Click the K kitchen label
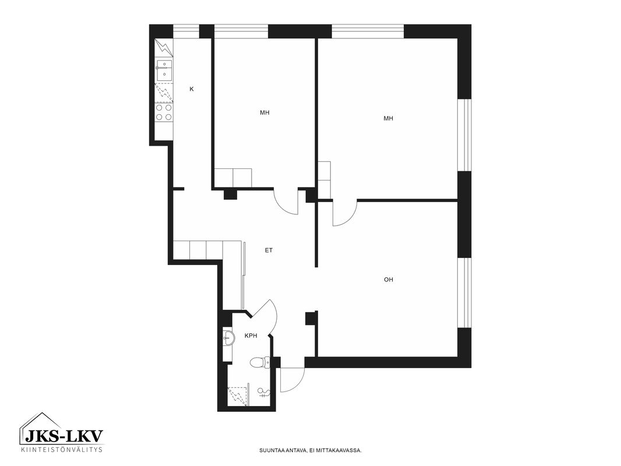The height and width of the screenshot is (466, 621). [192, 89]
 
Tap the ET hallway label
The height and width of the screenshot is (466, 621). [269, 250]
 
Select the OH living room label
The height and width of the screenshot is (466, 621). [389, 280]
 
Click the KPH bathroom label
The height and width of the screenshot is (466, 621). [251, 336]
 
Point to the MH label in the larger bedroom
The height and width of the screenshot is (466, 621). [389, 118]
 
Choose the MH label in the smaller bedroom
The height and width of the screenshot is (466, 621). [264, 112]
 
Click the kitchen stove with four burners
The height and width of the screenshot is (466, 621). [164, 112]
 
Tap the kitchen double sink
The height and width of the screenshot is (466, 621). [164, 70]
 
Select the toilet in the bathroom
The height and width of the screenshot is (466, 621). [260, 362]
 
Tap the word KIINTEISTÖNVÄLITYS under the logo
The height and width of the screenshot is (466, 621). [61, 449]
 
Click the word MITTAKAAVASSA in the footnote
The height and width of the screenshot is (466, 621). [343, 450]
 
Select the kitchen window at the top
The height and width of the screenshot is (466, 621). [186, 31]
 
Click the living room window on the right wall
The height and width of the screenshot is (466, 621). [464, 293]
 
